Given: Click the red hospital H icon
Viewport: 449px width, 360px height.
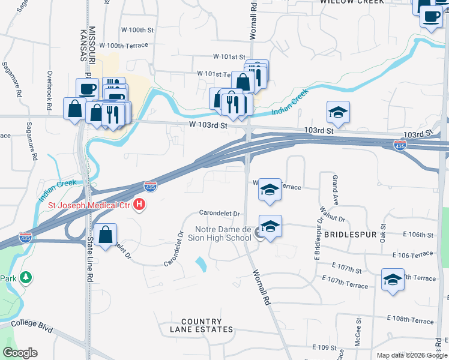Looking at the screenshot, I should pyautogui.click(x=139, y=205).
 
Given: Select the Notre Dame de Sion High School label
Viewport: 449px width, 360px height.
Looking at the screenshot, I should pyautogui.click(x=223, y=233).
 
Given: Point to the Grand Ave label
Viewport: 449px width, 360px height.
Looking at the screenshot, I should pyautogui.click(x=336, y=187).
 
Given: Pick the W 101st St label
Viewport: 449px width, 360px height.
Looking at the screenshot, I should pyautogui.click(x=230, y=56).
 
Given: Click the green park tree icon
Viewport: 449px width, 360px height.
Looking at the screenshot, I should pyautogui.click(x=25, y=278).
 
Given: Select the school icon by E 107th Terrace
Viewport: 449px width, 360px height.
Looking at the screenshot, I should pyautogui.click(x=393, y=279).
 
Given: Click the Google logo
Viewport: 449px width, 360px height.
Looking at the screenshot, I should pyautogui.click(x=20, y=353).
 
